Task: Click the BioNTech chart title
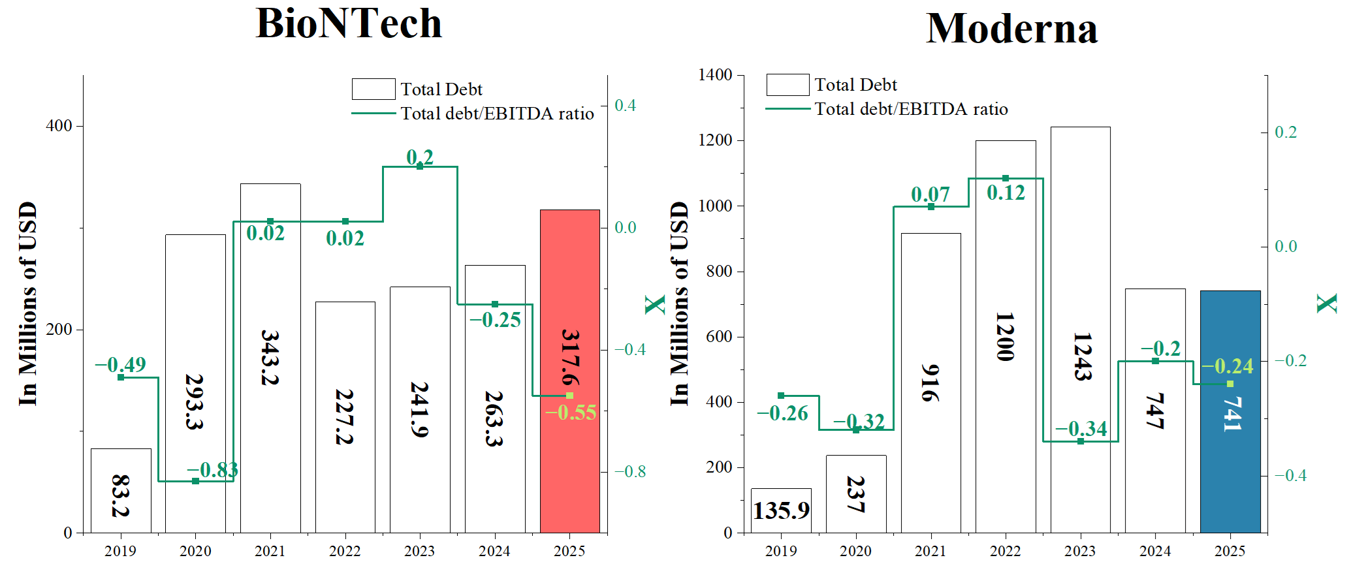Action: (349, 23)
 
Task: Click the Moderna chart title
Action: (1011, 29)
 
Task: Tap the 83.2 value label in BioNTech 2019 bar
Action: (121, 495)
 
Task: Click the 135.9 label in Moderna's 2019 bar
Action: (781, 510)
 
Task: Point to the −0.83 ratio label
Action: (212, 469)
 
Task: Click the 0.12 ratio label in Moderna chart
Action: (1006, 193)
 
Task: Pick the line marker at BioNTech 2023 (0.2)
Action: (420, 166)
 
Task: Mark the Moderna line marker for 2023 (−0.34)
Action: (1081, 441)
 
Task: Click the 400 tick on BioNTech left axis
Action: (59, 125)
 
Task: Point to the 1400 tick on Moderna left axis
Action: (715, 74)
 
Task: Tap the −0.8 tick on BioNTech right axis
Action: (629, 471)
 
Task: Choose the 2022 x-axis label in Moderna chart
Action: (1005, 551)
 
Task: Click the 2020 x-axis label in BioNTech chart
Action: (195, 551)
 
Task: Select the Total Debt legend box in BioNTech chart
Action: (373, 89)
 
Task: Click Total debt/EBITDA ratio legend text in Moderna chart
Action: (911, 109)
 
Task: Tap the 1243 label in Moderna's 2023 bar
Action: (1081, 356)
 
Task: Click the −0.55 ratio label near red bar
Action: (570, 413)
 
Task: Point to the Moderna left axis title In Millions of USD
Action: (679, 304)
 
